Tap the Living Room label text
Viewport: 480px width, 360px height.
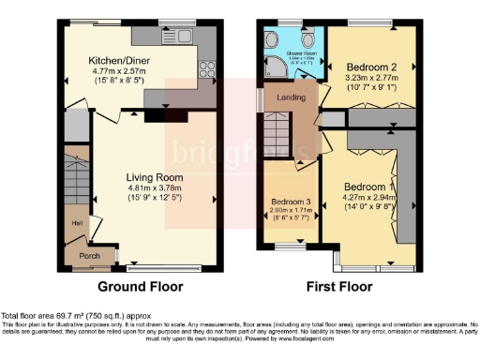pyautogui.click(x=155, y=176)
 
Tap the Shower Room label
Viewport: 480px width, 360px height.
pyautogui.click(x=299, y=52)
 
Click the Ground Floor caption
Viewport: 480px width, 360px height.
pyautogui.click(x=142, y=286)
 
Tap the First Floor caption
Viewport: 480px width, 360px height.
pyautogui.click(x=333, y=286)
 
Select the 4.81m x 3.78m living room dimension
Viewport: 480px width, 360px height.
pyautogui.click(x=155, y=186)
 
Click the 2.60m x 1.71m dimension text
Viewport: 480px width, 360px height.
pyautogui.click(x=291, y=212)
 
